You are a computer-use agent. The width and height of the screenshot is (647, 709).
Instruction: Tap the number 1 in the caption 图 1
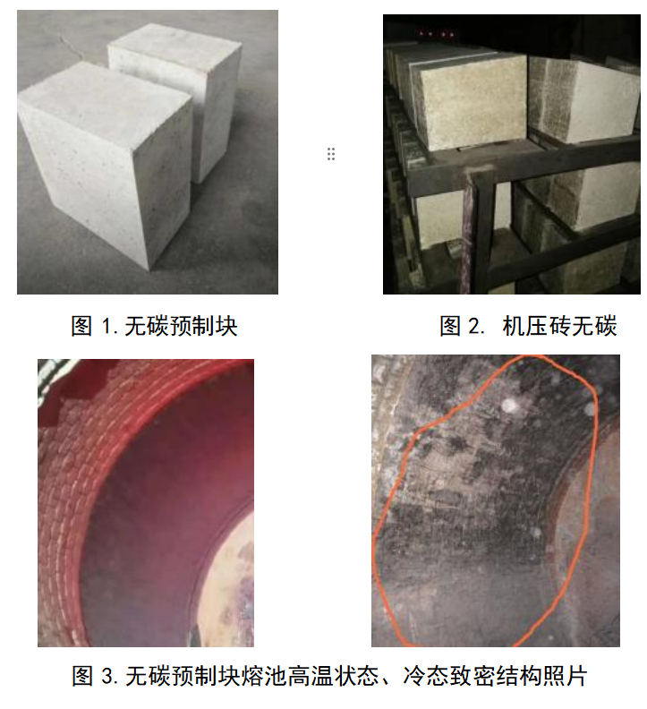106,326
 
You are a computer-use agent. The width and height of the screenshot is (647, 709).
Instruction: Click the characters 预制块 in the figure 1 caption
203,326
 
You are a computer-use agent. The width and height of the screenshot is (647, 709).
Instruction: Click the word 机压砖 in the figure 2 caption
537,326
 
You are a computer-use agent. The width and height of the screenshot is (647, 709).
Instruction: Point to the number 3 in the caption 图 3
107,676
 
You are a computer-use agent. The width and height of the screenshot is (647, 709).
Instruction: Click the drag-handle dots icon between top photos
331,154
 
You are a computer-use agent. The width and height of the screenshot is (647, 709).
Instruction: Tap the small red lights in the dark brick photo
437,33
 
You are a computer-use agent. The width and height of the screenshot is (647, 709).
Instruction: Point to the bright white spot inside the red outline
509,406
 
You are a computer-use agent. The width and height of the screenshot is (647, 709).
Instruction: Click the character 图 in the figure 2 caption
451,326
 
